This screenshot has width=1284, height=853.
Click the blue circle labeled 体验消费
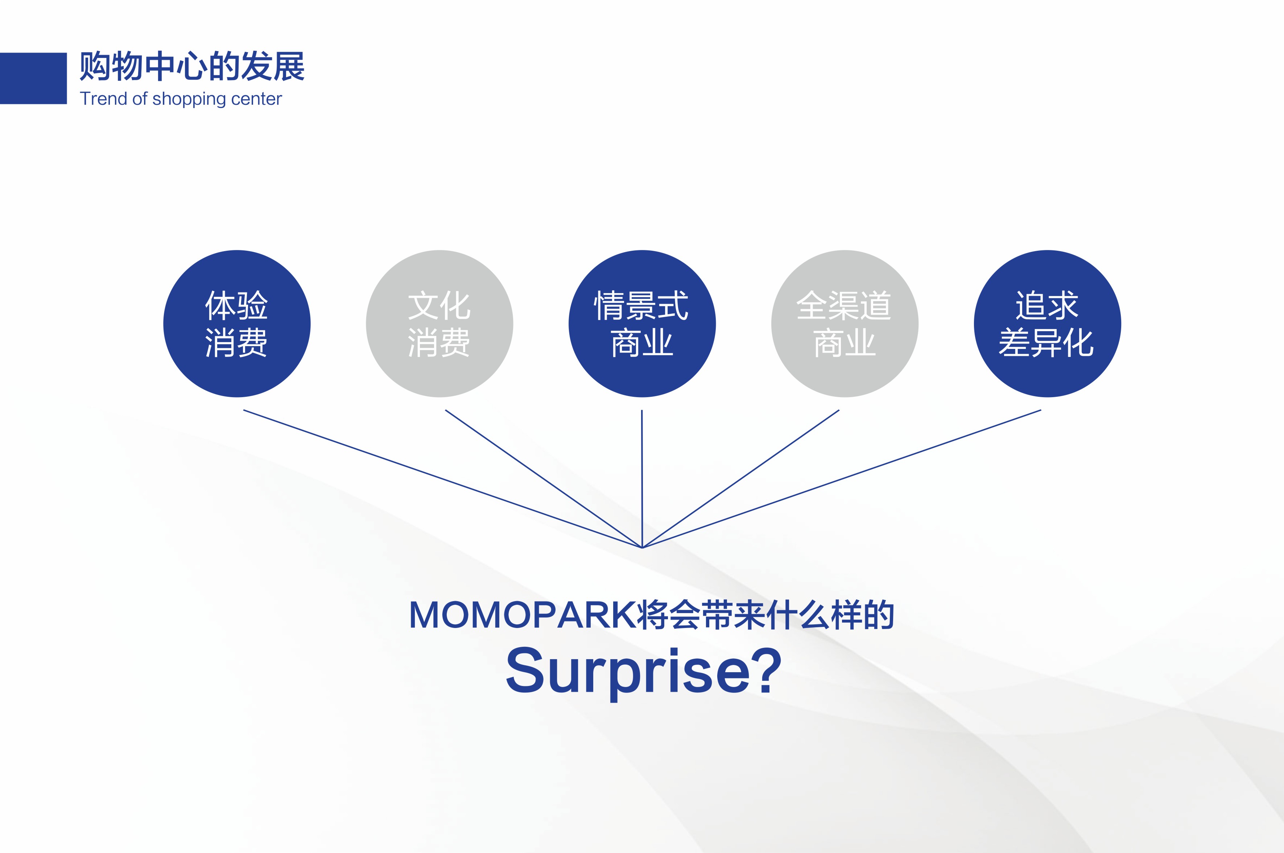(x=237, y=324)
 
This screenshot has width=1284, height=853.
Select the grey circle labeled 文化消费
(x=439, y=324)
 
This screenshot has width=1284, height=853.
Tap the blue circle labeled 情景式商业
(x=642, y=324)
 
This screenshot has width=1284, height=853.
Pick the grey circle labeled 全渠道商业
(x=845, y=324)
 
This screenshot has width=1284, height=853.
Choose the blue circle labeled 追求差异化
(x=1047, y=324)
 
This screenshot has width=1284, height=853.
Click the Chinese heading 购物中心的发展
(x=191, y=66)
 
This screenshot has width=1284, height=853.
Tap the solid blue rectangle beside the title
(x=33, y=78)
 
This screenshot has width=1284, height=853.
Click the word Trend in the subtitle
(x=103, y=99)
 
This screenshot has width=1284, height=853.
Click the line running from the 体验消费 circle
(x=442, y=479)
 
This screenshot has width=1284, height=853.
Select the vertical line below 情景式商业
(x=642, y=479)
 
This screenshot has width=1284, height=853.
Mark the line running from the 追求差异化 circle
(x=842, y=479)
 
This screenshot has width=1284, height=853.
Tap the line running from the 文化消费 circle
(x=544, y=479)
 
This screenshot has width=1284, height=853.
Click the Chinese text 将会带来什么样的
(x=766, y=615)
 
